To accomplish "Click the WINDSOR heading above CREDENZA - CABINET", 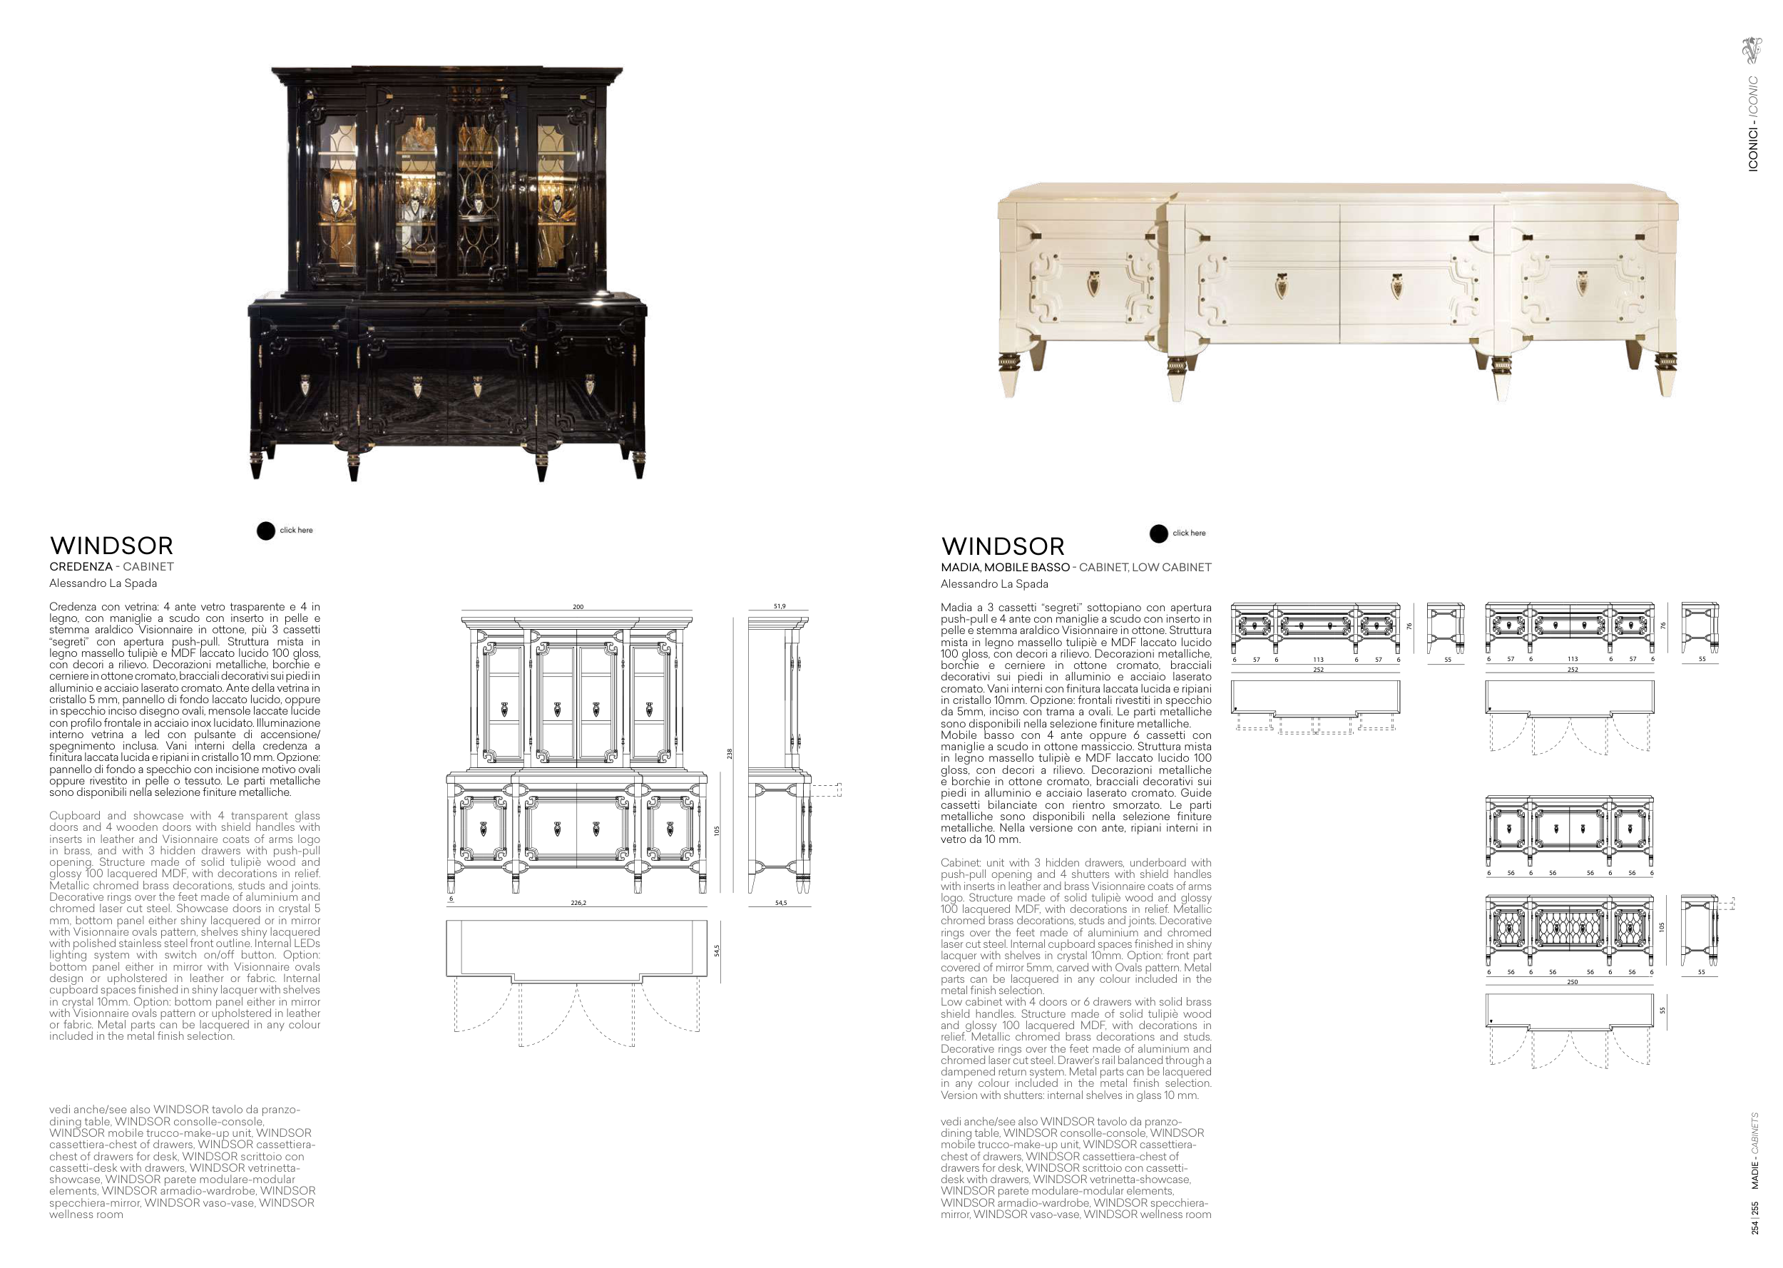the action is tap(112, 546).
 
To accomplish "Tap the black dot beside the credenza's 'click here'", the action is tap(266, 531).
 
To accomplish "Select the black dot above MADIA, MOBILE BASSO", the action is tap(1158, 533).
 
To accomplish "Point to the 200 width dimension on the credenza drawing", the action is tap(578, 607).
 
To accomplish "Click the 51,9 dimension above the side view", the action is tap(779, 606).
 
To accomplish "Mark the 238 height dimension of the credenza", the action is tap(730, 754).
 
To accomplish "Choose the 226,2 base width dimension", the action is tap(578, 903).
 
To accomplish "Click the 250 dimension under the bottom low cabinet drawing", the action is tap(1572, 982).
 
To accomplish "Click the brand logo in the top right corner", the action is tap(1752, 50).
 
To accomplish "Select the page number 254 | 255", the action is tap(1755, 1217).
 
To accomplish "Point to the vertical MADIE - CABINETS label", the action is tap(1755, 1151).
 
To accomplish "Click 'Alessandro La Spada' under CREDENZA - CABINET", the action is tap(103, 583).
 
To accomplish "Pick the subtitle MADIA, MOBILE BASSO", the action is tap(1006, 568).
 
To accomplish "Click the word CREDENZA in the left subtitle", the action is tap(81, 567).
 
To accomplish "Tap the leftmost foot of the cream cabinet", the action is tap(1009, 376).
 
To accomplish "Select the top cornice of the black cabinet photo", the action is tap(447, 76).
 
